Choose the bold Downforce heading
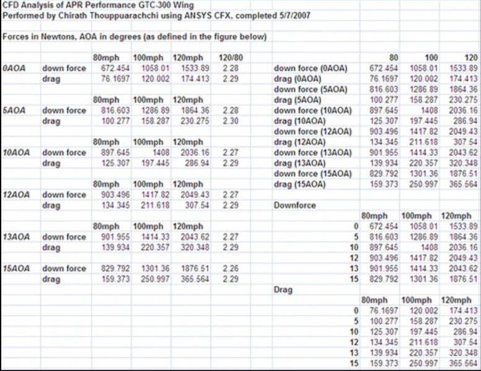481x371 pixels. (x=295, y=205)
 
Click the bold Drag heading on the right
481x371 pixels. (x=282, y=289)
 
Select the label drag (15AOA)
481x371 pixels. (x=299, y=184)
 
